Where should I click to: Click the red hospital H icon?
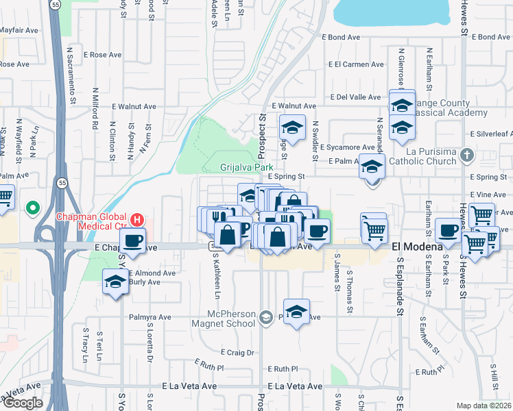click(137, 220)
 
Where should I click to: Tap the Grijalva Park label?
click(246, 167)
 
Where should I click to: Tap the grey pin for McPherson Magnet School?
click(265, 317)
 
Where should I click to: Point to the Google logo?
click(22, 402)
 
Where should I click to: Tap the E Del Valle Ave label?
click(356, 97)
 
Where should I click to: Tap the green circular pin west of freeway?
click(32, 207)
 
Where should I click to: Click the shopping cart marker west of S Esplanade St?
click(374, 229)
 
